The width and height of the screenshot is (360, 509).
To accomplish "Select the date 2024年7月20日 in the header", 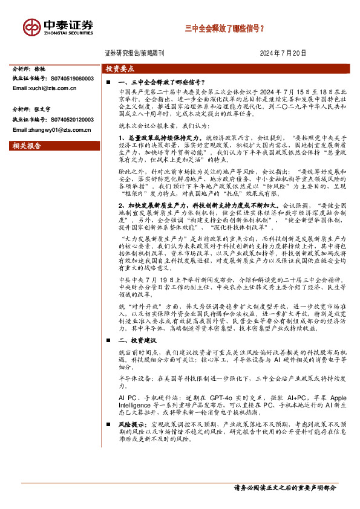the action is [x=283, y=53].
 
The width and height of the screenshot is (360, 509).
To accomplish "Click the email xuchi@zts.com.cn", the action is [x=48, y=88].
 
